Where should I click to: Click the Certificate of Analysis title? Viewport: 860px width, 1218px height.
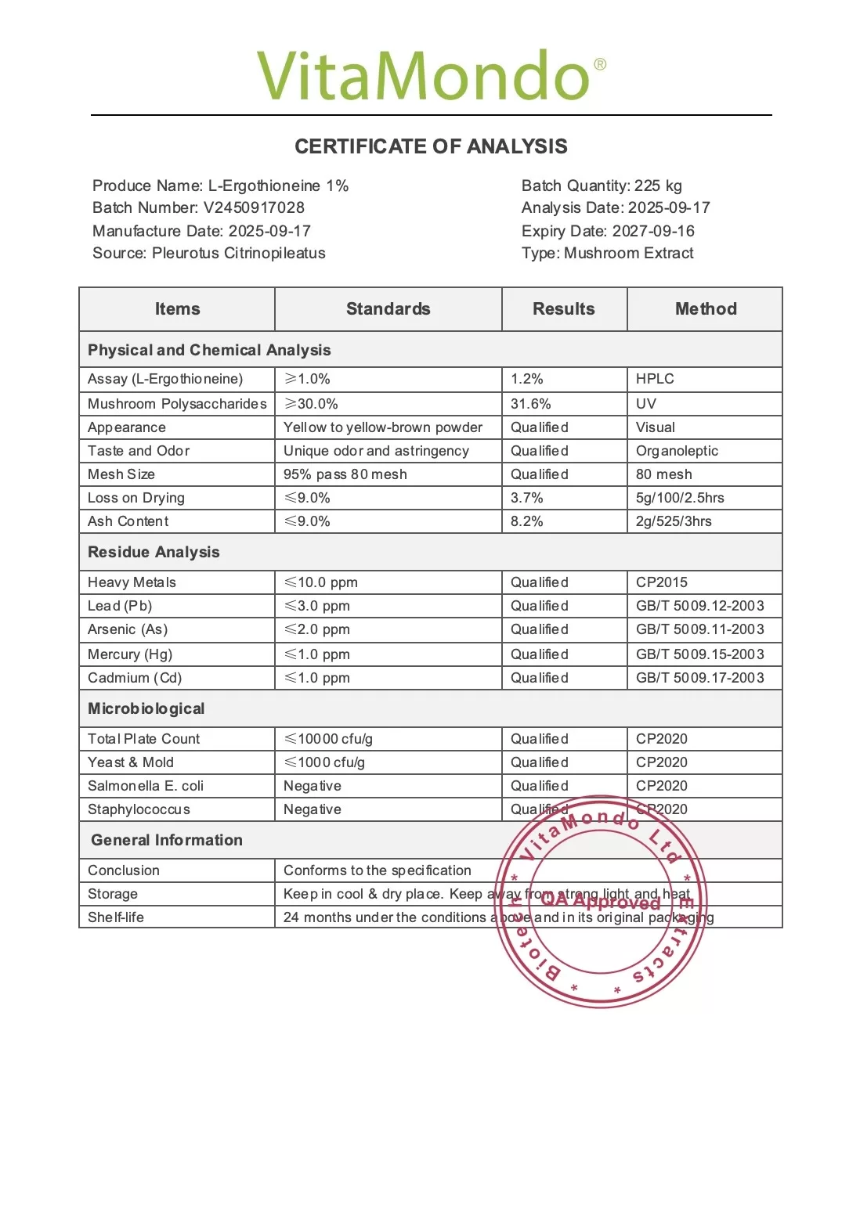[x=431, y=146]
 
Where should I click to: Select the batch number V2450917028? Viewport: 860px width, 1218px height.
[x=254, y=207]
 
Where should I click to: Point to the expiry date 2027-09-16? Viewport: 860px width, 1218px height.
[x=653, y=231]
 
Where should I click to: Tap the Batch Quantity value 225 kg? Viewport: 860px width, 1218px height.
[x=658, y=186]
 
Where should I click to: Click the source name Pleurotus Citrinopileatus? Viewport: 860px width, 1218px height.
[x=239, y=253]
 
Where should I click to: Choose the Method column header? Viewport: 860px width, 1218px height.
[x=706, y=308]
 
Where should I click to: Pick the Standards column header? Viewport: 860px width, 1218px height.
[x=388, y=308]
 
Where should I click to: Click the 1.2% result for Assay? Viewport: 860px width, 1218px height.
[x=527, y=379]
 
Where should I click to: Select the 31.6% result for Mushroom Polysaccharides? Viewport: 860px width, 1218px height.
[x=531, y=404]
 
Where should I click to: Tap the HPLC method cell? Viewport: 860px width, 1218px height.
[x=655, y=379]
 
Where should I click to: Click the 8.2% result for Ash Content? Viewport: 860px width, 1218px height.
[x=527, y=521]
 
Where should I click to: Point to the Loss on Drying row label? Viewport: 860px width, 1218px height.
[x=136, y=498]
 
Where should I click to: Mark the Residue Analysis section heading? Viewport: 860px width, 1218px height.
[x=154, y=552]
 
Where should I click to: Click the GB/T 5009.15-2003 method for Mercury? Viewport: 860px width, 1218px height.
[x=700, y=654]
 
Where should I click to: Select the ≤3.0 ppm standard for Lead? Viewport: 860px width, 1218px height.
[x=317, y=606]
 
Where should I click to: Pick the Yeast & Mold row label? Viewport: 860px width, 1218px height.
[x=131, y=762]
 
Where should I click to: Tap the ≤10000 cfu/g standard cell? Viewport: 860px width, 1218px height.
[x=328, y=739]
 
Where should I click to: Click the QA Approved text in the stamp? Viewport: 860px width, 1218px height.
[x=601, y=901]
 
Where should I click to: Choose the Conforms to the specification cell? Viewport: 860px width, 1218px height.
[x=378, y=870]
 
